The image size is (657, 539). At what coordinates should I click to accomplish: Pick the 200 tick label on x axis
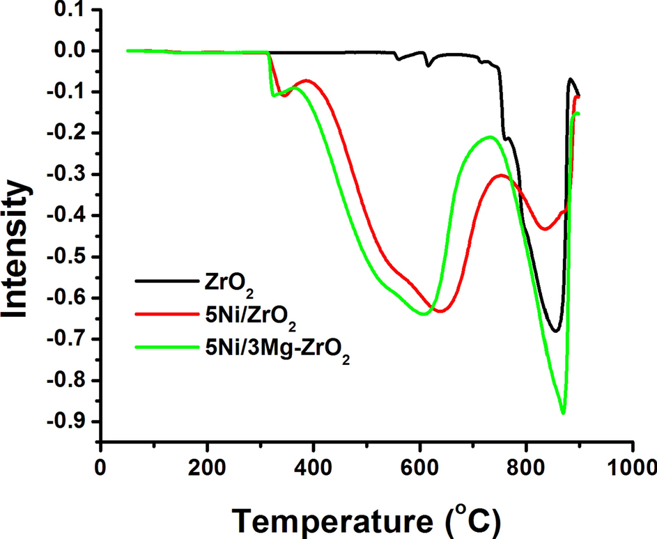(x=207, y=464)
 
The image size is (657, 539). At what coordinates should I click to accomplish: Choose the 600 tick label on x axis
(x=419, y=464)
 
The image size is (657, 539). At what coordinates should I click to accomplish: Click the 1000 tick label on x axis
(x=632, y=464)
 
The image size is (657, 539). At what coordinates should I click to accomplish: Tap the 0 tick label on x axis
(x=101, y=464)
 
